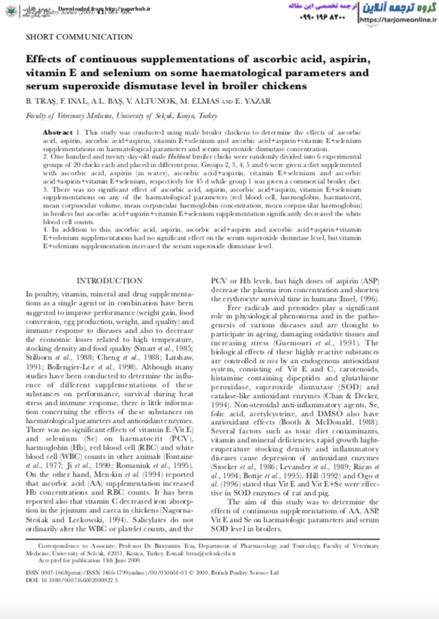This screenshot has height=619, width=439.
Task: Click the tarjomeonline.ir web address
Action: tap(398, 21)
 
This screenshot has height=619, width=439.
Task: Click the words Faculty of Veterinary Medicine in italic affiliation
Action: tap(62, 115)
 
